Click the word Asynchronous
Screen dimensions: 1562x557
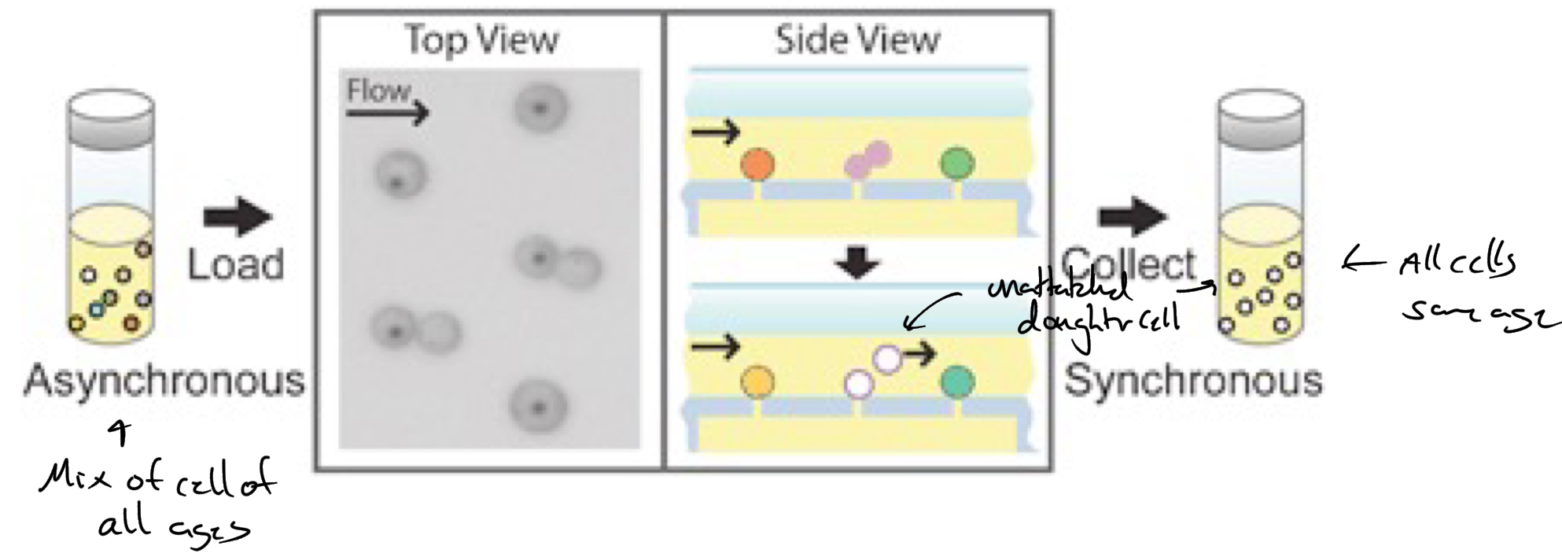(x=164, y=381)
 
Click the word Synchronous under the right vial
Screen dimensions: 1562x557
(x=1192, y=381)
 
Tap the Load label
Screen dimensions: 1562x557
(x=235, y=264)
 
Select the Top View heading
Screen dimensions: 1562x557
(x=481, y=39)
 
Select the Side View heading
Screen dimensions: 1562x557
(x=857, y=39)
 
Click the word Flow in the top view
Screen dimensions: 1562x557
(x=378, y=91)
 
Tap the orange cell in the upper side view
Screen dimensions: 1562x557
(x=757, y=164)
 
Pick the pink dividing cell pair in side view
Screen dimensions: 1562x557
(x=867, y=160)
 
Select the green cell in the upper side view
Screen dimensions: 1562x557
(x=957, y=164)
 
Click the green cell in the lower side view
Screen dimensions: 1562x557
(x=957, y=382)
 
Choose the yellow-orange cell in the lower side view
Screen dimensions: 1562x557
(x=757, y=382)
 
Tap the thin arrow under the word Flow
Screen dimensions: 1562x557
(x=387, y=113)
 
